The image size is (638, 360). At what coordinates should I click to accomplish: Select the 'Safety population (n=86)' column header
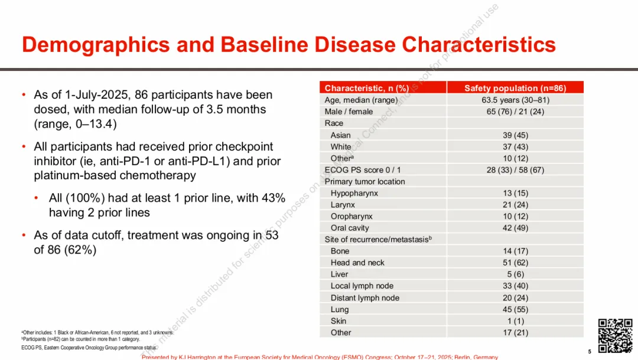[x=515, y=88]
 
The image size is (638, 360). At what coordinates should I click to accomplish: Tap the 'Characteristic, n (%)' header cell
[x=367, y=88]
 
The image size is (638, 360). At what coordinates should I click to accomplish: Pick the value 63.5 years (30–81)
[x=515, y=100]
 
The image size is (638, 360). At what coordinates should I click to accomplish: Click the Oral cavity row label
[x=350, y=228]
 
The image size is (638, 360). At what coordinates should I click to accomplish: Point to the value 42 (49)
[x=515, y=228]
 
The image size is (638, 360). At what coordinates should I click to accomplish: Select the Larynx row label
[x=343, y=205]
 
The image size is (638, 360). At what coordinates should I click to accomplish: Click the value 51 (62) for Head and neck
[x=515, y=262]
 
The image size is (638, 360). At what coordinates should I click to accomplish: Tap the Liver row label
[x=340, y=274]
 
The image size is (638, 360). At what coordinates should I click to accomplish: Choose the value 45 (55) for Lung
[x=515, y=309]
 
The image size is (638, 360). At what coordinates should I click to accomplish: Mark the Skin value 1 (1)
[x=515, y=321]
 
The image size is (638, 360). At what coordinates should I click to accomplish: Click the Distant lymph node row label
[x=364, y=298]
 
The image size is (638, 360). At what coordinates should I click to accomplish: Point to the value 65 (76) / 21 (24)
[x=515, y=111]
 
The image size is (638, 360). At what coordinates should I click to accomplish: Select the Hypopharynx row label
[x=354, y=193]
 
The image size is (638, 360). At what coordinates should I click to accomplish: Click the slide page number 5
[x=590, y=351]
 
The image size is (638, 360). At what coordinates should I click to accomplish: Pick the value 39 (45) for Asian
[x=515, y=135]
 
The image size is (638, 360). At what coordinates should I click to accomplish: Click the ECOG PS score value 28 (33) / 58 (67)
[x=515, y=170]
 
